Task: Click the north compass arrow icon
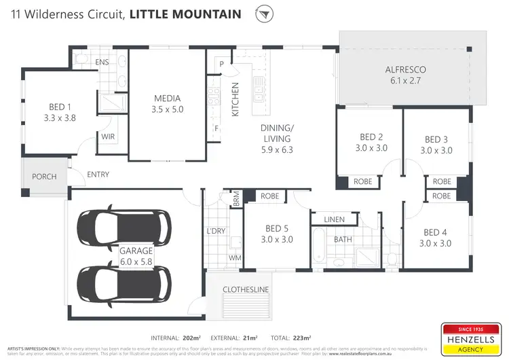[x=264, y=14]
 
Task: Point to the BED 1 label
[x=60, y=107]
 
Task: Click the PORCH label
[x=44, y=177]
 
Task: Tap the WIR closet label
[x=108, y=137]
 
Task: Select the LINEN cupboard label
[x=335, y=219]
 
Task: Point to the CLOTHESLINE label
[x=245, y=289]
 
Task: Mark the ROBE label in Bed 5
[x=271, y=196]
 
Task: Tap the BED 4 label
[x=436, y=232]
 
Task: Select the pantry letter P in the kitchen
[x=221, y=64]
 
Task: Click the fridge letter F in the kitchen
[x=216, y=128]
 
